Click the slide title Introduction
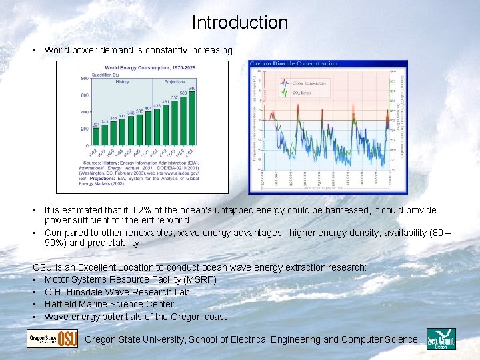[x=240, y=23]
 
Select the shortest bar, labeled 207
[x=95, y=137]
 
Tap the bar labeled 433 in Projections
[x=157, y=127]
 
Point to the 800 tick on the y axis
[x=85, y=78]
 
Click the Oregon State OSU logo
[x=52, y=339]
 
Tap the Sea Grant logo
[x=440, y=339]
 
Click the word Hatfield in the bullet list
[x=62, y=304]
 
